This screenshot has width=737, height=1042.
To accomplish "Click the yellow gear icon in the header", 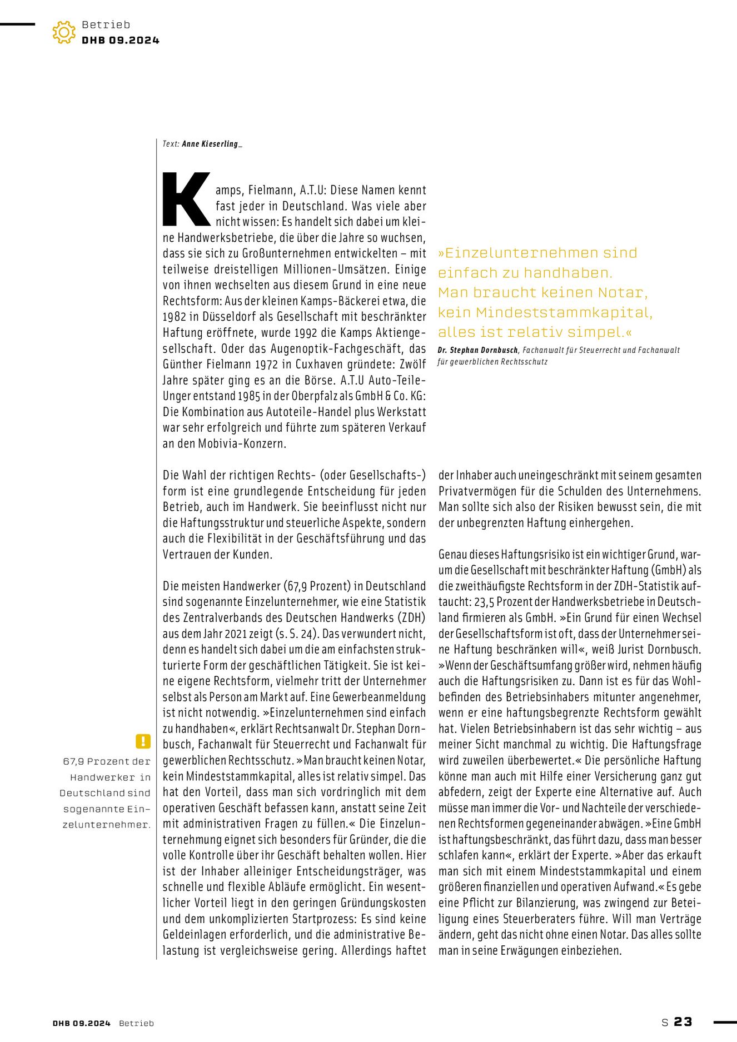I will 64,32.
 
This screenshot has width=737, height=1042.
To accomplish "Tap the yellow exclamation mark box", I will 143,741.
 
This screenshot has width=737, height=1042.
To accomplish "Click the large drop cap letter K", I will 186,200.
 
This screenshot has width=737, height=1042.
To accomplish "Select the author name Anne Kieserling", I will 211,144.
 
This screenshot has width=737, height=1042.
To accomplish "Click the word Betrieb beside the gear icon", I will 106,24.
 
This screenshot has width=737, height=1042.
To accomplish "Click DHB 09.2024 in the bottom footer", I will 82,1023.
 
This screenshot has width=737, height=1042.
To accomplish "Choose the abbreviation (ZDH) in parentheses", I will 411,617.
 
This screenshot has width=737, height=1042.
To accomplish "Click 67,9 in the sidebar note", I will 73,761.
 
